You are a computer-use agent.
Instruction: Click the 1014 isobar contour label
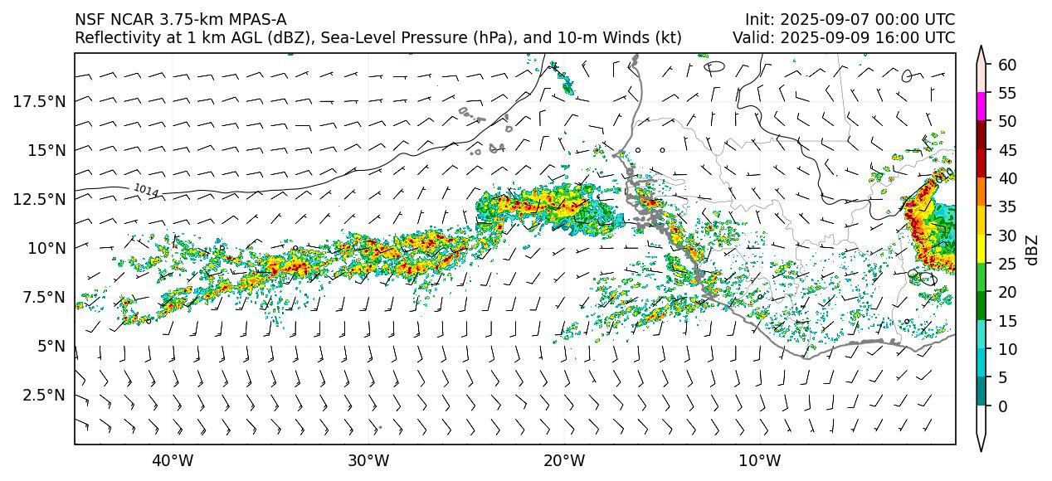pos(146,191)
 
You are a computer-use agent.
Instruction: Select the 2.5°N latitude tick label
pos(39,395)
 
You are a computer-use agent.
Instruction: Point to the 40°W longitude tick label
pos(173,460)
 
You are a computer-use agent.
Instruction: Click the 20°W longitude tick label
pos(564,460)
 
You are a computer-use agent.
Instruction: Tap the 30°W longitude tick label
pos(368,460)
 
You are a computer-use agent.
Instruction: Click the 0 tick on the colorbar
pos(1002,406)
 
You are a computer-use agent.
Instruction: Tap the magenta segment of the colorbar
pos(981,107)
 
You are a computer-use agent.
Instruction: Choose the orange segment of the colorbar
pos(981,192)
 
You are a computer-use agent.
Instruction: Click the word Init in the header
pos(758,19)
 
